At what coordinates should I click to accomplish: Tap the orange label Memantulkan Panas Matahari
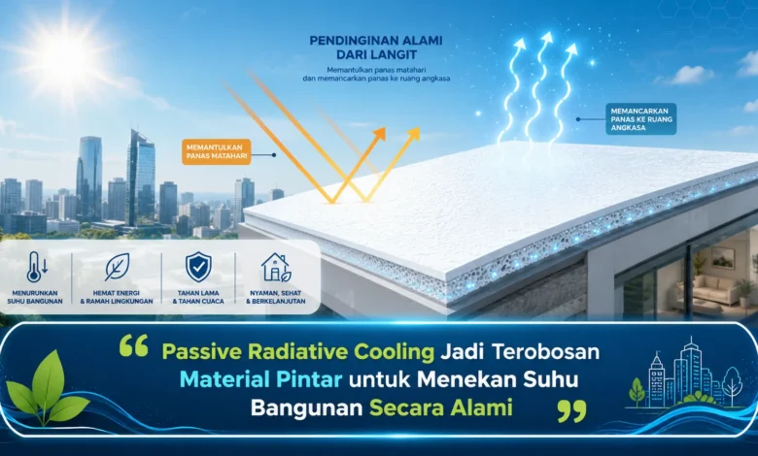[217, 152]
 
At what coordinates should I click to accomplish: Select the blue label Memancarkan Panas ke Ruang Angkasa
[641, 118]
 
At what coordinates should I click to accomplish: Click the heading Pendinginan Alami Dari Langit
[376, 48]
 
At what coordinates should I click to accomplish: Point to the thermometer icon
[35, 267]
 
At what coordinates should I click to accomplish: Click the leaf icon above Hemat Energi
[117, 267]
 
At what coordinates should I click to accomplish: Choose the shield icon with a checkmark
[198, 267]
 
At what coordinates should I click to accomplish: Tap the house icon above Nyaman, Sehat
[276, 267]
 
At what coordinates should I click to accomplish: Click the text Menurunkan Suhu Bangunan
[35, 297]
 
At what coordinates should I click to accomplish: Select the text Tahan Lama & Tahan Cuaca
[198, 297]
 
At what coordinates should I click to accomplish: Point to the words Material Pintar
[261, 379]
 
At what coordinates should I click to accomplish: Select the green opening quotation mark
[133, 346]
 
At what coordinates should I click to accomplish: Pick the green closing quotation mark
[571, 410]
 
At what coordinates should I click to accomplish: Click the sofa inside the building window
[708, 288]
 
